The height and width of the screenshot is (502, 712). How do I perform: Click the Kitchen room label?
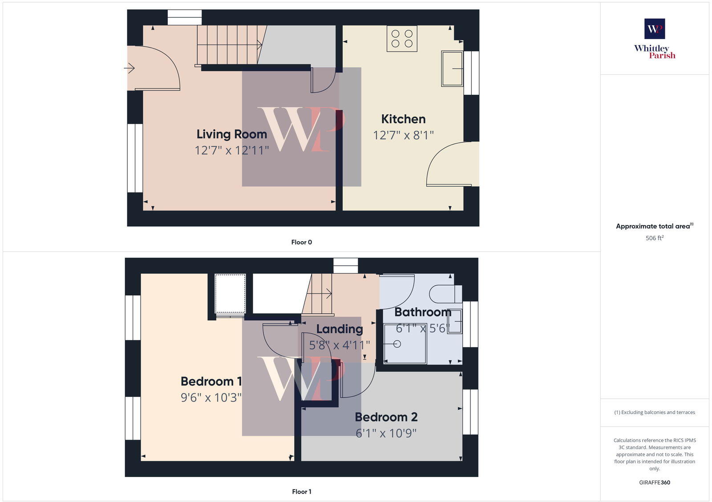pos(403,119)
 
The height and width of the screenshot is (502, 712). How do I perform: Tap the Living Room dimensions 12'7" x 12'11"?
pos(232,150)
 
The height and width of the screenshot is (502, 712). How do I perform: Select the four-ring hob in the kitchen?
pos(402,38)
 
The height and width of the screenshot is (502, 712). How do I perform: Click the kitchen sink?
pos(452,69)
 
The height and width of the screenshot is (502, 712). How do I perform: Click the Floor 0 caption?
pos(301,242)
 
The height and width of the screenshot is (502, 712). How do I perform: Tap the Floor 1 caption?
pos(301,491)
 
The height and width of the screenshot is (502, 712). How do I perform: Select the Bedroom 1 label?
pos(211,381)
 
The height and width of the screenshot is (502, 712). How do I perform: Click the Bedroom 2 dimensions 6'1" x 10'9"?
pos(386,433)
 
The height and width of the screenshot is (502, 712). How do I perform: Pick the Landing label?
pos(340,329)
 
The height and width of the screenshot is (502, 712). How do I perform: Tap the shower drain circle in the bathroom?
pos(397,344)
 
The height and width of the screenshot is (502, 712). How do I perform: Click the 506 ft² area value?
pos(654,238)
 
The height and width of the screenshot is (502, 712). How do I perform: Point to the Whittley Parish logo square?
pos(655,29)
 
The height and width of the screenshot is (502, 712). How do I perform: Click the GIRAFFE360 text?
pos(654,482)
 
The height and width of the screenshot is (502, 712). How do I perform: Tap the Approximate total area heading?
pos(653,226)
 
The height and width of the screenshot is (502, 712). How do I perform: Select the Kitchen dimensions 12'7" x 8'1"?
pos(403,135)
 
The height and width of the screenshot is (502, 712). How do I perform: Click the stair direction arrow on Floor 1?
pos(328,293)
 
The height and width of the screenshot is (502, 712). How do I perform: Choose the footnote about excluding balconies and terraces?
pos(654,412)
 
